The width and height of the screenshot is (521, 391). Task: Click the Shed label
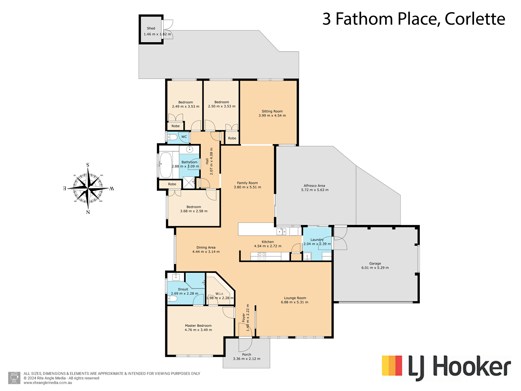[151, 28]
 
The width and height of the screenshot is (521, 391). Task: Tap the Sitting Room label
[272, 111]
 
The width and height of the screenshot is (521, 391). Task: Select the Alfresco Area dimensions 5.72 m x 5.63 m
[315, 190]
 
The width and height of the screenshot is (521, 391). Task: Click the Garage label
[375, 263]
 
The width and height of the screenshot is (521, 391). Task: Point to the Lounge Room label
[295, 298]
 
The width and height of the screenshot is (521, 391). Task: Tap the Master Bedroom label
[198, 326]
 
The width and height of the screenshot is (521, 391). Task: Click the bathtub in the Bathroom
[166, 165]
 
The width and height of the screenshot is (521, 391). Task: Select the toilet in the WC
[172, 137]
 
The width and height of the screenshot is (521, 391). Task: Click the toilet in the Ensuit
[172, 299]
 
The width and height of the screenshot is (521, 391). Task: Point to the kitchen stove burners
[262, 256]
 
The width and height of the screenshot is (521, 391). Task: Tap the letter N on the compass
[88, 212]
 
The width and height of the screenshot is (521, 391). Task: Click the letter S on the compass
[88, 165]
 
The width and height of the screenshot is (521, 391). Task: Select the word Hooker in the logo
[472, 367]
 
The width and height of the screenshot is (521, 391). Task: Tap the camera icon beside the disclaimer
[14, 378]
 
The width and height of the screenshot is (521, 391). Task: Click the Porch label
[247, 354]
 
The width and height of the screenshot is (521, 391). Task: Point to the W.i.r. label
[220, 294]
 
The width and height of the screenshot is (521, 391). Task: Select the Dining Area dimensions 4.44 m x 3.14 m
[206, 252]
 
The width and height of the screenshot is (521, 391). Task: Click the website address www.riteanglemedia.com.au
[48, 383]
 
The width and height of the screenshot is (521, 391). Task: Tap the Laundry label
[317, 240]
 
